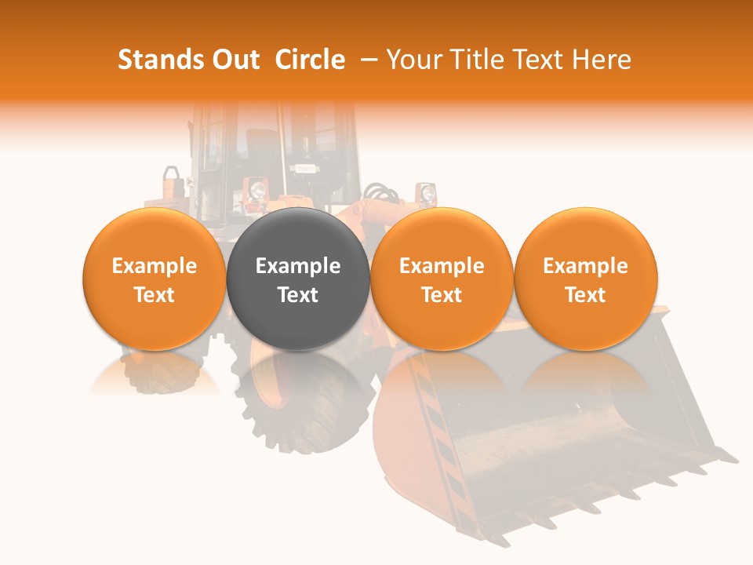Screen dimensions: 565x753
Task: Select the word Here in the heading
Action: coord(602,60)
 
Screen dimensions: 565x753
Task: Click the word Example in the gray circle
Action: coord(298,266)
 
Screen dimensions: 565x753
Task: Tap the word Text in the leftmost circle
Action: coord(154,295)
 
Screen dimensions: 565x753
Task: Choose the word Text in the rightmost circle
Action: coord(585,295)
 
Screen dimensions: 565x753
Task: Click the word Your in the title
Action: coord(414,60)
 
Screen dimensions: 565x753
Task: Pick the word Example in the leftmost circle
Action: coord(154,266)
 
